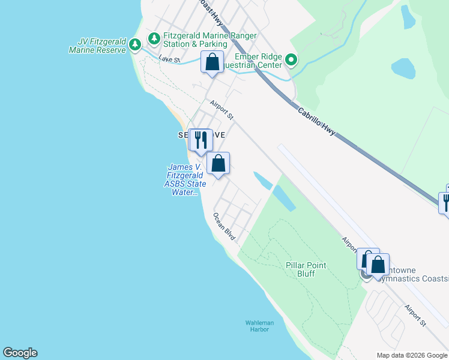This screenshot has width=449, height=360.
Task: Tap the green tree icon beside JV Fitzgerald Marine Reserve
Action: [136, 44]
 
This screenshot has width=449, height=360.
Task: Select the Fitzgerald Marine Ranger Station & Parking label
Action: [199, 40]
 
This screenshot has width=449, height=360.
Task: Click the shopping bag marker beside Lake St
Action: [212, 61]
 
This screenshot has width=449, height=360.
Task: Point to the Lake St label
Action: [170, 59]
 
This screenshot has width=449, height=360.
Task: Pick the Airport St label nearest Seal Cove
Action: [221, 109]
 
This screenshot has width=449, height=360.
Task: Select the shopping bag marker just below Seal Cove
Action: [218, 162]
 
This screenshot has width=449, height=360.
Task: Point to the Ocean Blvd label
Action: [224, 227]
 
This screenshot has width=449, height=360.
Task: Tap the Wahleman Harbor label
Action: [259, 326]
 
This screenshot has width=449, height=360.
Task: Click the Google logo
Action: [20, 353]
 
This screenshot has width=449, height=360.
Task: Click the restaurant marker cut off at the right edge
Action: [445, 201]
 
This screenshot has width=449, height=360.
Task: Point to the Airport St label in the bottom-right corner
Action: [414, 316]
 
